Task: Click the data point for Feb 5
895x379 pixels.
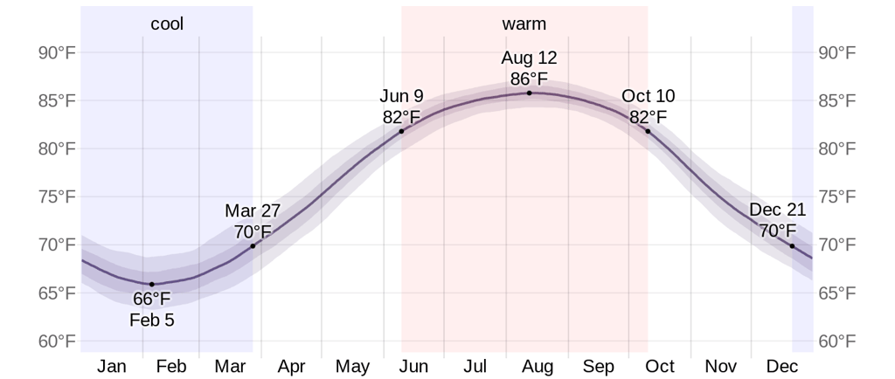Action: [151, 284]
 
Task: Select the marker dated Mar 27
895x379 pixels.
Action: [253, 246]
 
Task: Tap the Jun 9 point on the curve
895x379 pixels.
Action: [401, 132]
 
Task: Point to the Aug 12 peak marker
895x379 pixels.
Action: [529, 93]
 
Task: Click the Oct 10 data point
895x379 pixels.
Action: [648, 131]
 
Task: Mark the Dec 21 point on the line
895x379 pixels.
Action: [792, 246]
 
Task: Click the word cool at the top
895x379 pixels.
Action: [167, 24]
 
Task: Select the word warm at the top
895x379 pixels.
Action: [524, 24]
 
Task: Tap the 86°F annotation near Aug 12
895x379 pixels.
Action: [529, 78]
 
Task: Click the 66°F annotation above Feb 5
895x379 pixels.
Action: [152, 300]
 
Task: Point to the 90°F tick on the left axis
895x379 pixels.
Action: [57, 53]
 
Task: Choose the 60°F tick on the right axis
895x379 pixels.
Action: [836, 340]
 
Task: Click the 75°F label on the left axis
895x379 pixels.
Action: [57, 196]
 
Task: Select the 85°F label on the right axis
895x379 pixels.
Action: [836, 101]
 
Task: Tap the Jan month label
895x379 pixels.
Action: [112, 366]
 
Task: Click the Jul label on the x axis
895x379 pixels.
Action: [475, 366]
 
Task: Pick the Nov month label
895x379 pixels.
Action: [721, 366]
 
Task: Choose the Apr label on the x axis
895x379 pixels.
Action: [291, 366]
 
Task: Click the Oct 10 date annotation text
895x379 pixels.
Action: [649, 97]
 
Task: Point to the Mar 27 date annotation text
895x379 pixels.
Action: [253, 211]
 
